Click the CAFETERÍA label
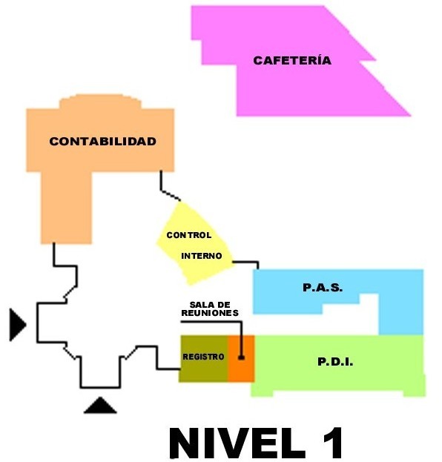click(x=292, y=60)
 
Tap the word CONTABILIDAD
click(x=102, y=142)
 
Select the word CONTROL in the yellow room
click(x=189, y=235)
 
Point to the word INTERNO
click(x=202, y=256)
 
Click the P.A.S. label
click(x=323, y=288)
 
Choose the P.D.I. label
click(x=335, y=362)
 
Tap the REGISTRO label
click(x=203, y=357)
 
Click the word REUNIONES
click(x=210, y=313)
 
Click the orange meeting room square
click(x=241, y=359)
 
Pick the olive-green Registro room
click(x=204, y=359)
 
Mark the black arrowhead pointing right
click(x=18, y=325)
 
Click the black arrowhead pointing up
click(x=100, y=406)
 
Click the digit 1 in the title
click(x=333, y=443)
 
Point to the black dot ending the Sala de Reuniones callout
click(x=241, y=357)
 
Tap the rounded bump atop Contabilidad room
click(x=100, y=102)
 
